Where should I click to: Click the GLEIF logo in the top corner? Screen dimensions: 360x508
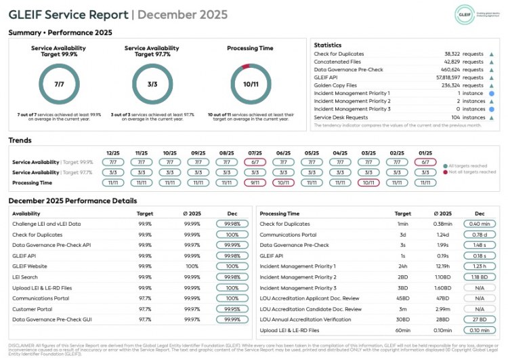[x=464, y=14]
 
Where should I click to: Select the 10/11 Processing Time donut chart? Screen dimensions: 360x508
[x=251, y=83]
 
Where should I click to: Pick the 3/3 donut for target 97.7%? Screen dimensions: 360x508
[x=152, y=83]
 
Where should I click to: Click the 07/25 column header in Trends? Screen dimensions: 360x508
[x=255, y=153]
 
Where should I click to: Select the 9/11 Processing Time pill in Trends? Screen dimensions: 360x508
[x=255, y=182]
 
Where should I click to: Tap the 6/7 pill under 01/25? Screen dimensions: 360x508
[x=425, y=163]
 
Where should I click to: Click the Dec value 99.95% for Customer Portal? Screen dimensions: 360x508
[x=232, y=308]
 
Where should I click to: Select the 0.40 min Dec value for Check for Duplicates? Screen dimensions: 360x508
[x=479, y=224]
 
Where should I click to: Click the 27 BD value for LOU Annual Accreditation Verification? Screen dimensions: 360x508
[x=479, y=319]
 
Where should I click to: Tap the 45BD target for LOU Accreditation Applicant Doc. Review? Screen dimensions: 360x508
[x=402, y=298]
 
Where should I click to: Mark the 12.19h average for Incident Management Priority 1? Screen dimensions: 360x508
[x=442, y=266]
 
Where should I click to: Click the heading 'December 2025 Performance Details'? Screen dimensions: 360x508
[x=72, y=201]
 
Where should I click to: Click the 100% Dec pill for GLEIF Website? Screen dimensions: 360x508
[x=232, y=266]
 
